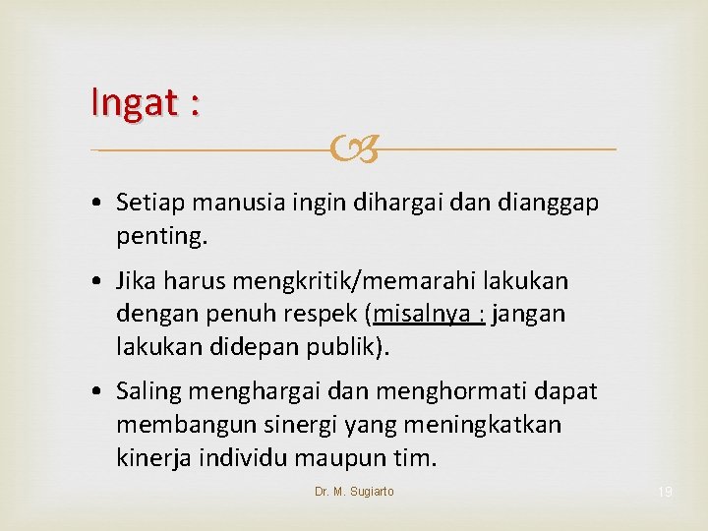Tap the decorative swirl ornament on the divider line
tap(353, 150)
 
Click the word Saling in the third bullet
tap(148, 391)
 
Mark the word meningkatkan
tap(477, 425)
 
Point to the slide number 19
tap(666, 492)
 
